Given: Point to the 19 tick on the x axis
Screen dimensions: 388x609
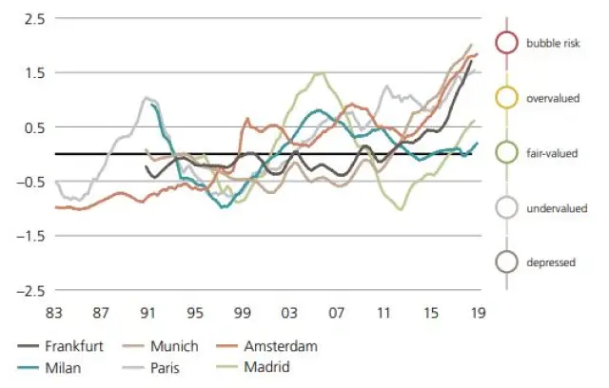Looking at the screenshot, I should [475, 310].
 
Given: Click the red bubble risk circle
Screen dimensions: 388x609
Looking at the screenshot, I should [507, 42].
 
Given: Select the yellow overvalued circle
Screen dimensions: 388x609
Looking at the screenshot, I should [507, 97].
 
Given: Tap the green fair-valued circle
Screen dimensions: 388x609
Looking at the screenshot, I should [507, 152].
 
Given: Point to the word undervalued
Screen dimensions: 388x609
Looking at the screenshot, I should [555, 207].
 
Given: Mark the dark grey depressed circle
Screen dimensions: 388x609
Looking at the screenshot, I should [507, 262].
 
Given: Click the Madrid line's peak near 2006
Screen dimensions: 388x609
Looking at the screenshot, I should [321, 73].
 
